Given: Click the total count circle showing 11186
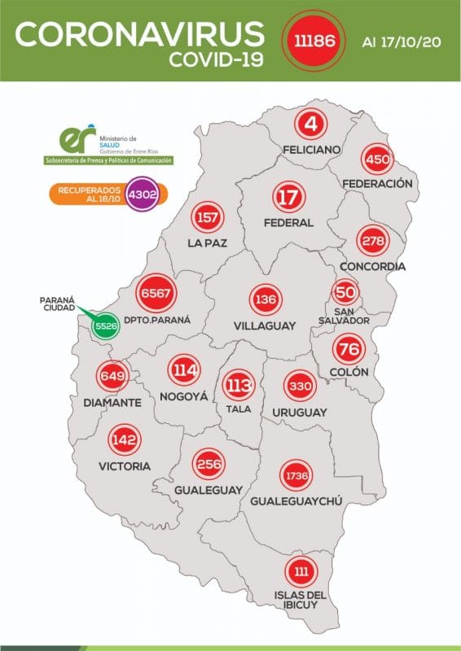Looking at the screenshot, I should click(307, 39).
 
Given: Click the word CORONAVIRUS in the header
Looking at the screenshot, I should click(140, 32).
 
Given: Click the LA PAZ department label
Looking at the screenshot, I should click(206, 242).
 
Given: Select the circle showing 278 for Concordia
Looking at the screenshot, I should click(374, 240).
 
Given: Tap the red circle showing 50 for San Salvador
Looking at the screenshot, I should click(345, 292).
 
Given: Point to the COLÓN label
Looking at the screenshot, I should click(349, 372).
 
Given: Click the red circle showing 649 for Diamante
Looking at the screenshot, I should click(113, 377).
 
